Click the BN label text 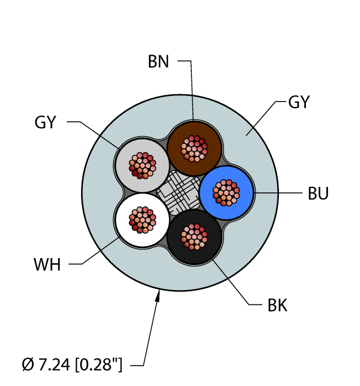point(158,62)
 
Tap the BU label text point(318,194)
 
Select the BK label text point(277,305)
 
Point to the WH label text point(47,265)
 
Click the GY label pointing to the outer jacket point(299,102)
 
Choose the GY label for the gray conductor point(45,122)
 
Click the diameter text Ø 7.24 point(46,364)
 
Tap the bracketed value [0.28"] point(99,364)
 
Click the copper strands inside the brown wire point(194,148)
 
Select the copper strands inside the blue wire point(226,192)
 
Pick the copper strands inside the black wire point(194,237)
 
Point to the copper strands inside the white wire point(142,220)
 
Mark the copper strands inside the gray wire point(142,165)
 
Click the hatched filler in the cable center point(179,192)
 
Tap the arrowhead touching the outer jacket point(158,296)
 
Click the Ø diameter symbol point(28,364)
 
